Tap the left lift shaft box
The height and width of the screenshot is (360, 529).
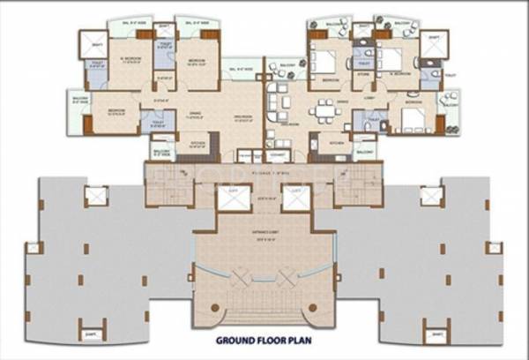pyautogui.click(x=231, y=199)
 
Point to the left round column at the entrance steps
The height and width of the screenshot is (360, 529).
pyautogui.click(x=215, y=308)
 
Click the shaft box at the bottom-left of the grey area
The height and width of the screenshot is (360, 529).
pyautogui.click(x=92, y=334)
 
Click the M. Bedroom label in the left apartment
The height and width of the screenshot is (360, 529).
pyautogui.click(x=133, y=62)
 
